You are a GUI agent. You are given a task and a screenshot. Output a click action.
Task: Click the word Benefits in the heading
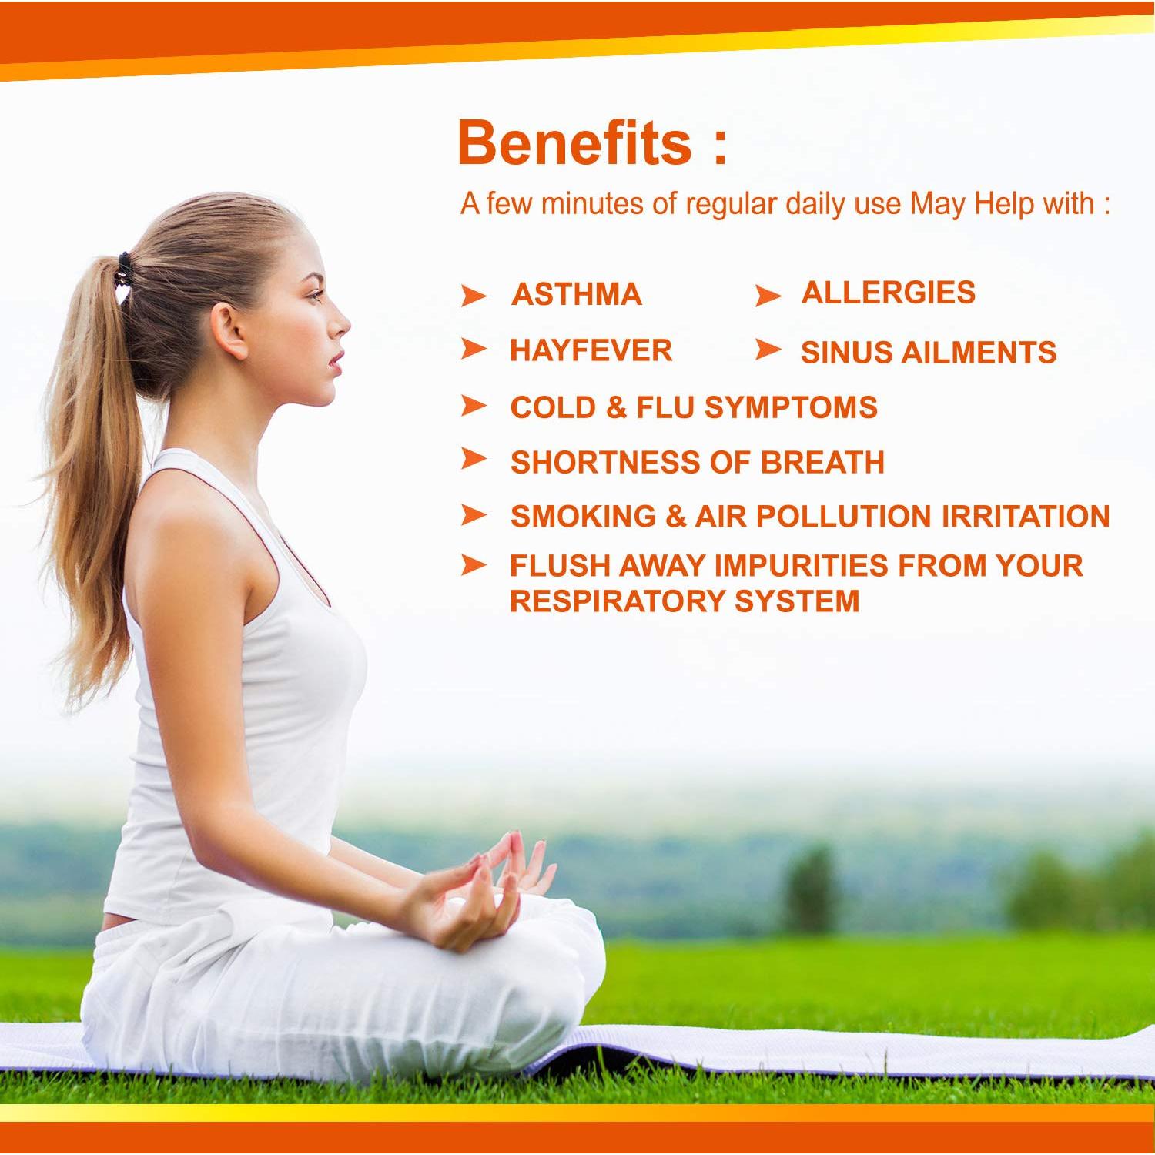point(574,142)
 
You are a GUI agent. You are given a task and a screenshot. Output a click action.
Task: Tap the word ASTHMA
point(577,294)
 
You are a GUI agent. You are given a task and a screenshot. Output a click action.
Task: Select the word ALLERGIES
point(889,293)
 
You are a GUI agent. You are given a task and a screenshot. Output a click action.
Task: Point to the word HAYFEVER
point(591,350)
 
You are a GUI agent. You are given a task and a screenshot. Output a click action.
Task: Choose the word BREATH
point(822,463)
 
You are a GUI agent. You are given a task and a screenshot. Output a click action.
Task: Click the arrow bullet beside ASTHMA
point(474,296)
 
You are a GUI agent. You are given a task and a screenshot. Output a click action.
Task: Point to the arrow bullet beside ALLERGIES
point(768,296)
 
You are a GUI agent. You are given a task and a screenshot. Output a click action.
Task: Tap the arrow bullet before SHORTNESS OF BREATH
point(474,460)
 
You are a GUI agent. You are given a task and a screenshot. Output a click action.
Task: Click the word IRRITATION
point(1026,516)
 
